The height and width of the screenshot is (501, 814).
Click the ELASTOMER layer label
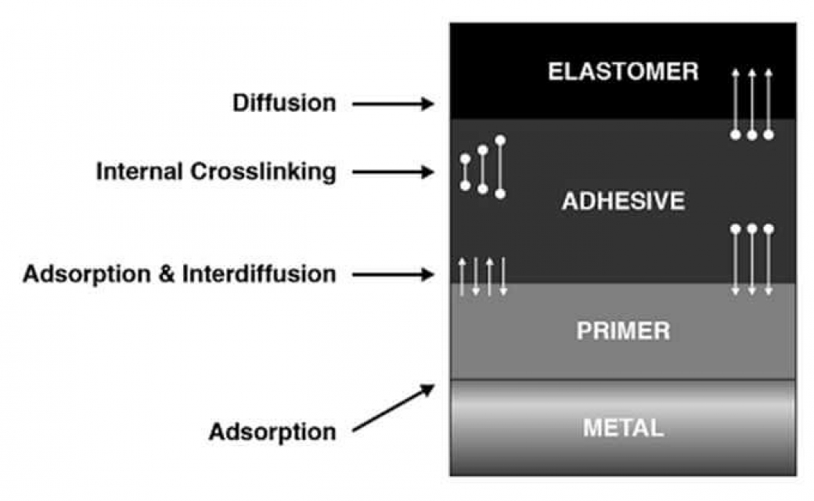click(x=623, y=71)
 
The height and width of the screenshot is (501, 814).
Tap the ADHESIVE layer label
click(x=623, y=201)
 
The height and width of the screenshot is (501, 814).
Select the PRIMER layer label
click(x=623, y=330)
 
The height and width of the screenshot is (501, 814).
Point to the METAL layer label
click(x=623, y=427)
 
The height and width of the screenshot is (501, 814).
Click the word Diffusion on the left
click(x=284, y=103)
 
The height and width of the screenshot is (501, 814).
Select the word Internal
click(x=139, y=171)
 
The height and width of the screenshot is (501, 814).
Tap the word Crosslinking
click(x=263, y=172)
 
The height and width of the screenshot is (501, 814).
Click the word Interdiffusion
click(x=259, y=274)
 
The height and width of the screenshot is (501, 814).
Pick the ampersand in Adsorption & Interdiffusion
click(x=166, y=274)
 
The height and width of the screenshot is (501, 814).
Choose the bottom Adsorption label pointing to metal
click(x=272, y=431)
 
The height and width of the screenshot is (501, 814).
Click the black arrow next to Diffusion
click(x=393, y=104)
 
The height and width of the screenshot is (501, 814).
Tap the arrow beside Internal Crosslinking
click(x=393, y=172)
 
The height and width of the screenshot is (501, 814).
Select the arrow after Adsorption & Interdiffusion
click(x=393, y=274)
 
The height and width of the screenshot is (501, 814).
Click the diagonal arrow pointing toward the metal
click(x=394, y=408)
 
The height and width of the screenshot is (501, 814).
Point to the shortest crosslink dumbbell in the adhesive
click(x=465, y=172)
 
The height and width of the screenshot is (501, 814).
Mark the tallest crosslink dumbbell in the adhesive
click(x=500, y=168)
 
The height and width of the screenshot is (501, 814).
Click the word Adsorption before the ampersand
click(x=87, y=274)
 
